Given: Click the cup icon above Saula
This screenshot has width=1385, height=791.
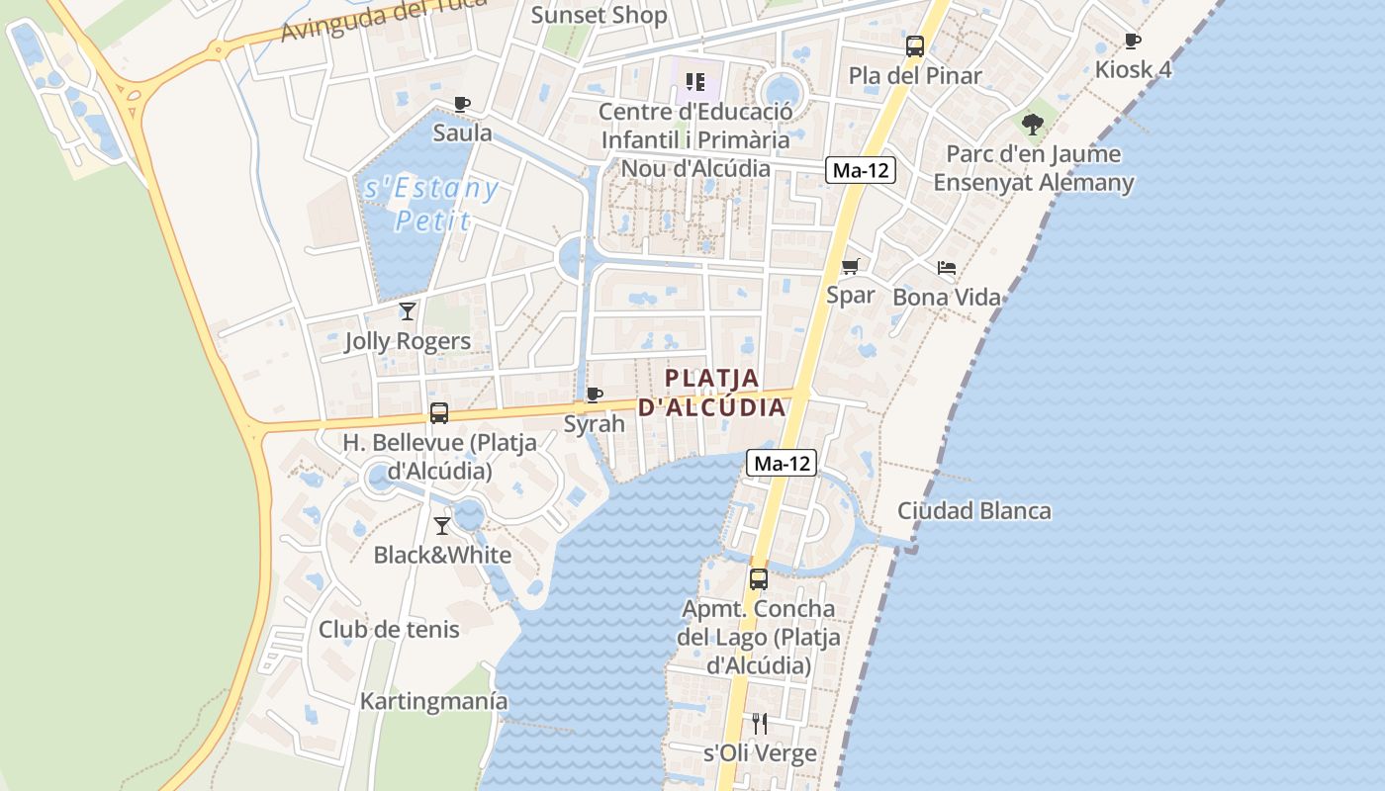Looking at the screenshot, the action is (x=461, y=104).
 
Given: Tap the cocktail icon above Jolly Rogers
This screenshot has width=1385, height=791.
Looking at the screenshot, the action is (x=407, y=311).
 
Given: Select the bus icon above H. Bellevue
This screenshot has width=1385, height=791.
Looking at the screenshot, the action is (x=439, y=413).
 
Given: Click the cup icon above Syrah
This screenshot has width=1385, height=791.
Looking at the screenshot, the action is (x=594, y=395).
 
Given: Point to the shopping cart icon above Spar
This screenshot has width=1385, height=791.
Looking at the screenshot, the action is (x=850, y=266).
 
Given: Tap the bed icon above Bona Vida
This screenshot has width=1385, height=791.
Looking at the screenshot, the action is (x=947, y=268).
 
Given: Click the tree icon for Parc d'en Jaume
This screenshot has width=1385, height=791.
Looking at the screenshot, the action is (x=1033, y=125).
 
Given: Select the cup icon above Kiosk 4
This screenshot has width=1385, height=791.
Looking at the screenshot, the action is (x=1133, y=41).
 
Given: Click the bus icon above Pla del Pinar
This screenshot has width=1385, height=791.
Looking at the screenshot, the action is (x=915, y=45).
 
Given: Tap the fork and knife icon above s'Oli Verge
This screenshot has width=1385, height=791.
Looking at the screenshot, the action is (x=759, y=724).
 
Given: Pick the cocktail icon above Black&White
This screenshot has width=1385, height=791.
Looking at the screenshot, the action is (x=442, y=525).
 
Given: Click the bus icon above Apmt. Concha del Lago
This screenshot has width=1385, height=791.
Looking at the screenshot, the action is (x=759, y=579).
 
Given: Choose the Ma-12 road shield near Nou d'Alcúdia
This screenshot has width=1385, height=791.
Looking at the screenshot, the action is (x=861, y=170).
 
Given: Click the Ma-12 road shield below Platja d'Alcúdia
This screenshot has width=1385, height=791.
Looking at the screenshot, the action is (x=782, y=463).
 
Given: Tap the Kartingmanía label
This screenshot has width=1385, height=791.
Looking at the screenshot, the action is (x=433, y=701).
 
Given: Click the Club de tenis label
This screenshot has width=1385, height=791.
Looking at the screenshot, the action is (x=389, y=629).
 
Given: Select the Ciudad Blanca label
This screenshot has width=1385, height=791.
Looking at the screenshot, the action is (x=973, y=511).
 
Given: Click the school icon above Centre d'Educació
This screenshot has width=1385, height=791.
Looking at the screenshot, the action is (x=695, y=81).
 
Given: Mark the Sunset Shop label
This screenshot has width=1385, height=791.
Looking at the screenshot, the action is (x=599, y=15).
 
